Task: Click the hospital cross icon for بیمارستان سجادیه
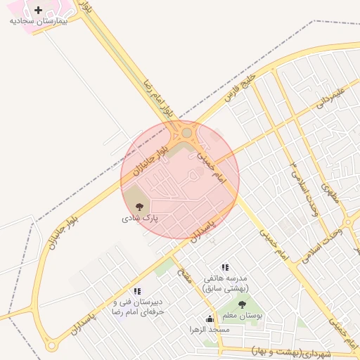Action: [38, 10]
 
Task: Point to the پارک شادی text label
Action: [141, 219]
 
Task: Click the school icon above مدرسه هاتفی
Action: [225, 267]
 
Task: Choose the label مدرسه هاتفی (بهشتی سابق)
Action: [225, 283]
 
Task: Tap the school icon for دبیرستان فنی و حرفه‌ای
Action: [137, 290]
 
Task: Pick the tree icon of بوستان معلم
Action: [242, 305]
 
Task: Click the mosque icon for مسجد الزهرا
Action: [210, 319]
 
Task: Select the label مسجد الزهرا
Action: [210, 329]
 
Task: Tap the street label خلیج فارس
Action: [241, 88]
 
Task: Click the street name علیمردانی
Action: [330, 96]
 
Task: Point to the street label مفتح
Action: [185, 277]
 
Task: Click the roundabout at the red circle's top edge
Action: [186, 132]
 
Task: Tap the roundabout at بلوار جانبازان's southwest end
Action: [51, 346]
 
